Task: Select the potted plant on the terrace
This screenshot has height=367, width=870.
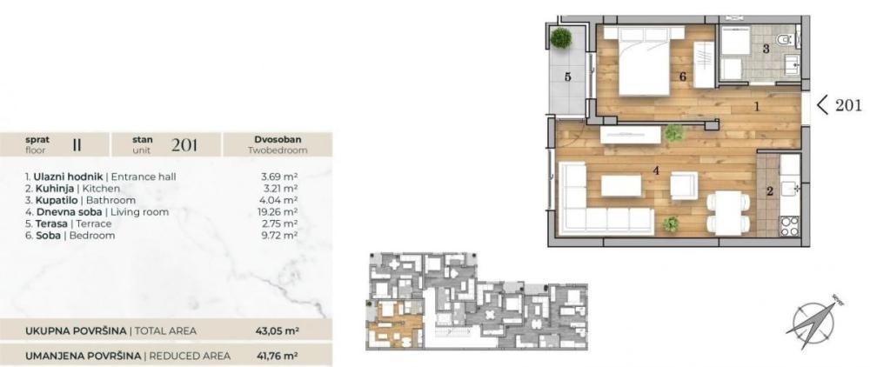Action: (x=561, y=37)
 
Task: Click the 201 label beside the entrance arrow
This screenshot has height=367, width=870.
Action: (x=848, y=105)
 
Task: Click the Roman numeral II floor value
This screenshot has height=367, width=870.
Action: (x=77, y=143)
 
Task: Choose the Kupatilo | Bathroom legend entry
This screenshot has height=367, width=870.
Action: (x=73, y=200)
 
